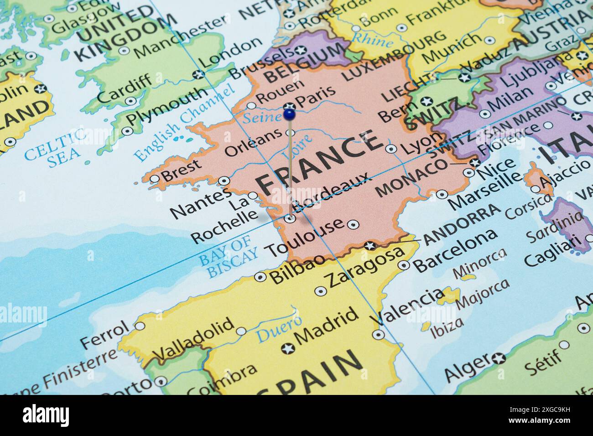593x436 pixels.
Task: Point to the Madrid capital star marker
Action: coord(288,349)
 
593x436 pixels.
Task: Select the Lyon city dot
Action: coord(391,148)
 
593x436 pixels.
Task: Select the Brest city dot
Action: coord(155,178)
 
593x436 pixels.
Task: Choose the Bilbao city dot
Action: coord(260,276)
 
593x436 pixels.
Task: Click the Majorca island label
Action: coord(482,292)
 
